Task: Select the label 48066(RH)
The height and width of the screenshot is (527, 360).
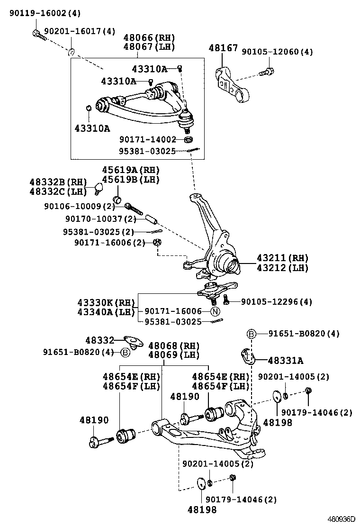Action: tap(149, 38)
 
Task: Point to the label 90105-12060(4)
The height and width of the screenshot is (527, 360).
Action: tap(277, 52)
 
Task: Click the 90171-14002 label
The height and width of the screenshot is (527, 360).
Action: tap(147, 139)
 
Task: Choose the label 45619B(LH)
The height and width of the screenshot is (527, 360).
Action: tap(131, 180)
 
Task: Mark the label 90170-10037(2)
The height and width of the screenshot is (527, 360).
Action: tap(100, 219)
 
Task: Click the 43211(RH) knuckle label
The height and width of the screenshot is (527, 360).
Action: tap(282, 258)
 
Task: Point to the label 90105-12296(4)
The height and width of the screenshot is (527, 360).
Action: tap(276, 301)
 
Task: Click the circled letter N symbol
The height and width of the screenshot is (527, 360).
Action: tap(215, 311)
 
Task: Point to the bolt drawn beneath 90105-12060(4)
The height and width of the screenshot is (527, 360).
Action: tap(266, 73)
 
